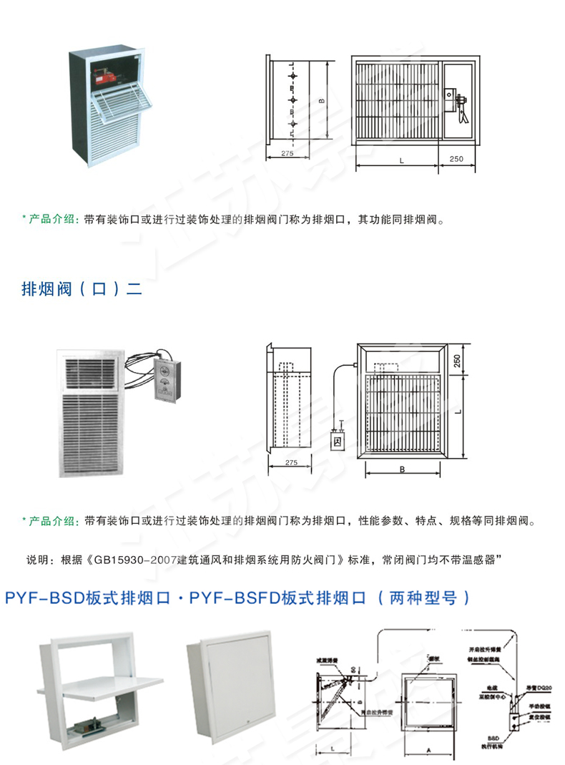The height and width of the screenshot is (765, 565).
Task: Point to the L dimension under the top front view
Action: tap(401, 160)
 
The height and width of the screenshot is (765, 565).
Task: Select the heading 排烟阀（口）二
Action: tap(82, 290)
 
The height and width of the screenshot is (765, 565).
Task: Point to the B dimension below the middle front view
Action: tap(403, 469)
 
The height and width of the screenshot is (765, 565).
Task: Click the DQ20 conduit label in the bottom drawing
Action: tap(543, 688)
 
